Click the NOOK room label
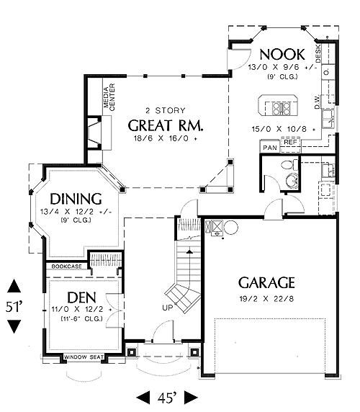point(282,55)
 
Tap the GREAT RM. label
point(166,125)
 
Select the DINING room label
point(76,199)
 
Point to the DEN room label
point(81,297)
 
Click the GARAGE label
point(266,283)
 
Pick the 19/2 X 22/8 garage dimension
point(266,299)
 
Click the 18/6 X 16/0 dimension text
point(166,138)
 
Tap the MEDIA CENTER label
point(109,97)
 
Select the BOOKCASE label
point(67,267)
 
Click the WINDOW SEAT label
point(84,357)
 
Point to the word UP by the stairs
point(168,308)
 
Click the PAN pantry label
point(270,148)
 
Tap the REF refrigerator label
point(290,142)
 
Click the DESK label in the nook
point(318,53)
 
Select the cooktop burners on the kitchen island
point(282,109)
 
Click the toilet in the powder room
point(289,165)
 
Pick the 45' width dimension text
point(167,398)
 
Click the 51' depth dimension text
point(14,307)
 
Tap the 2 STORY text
point(166,111)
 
